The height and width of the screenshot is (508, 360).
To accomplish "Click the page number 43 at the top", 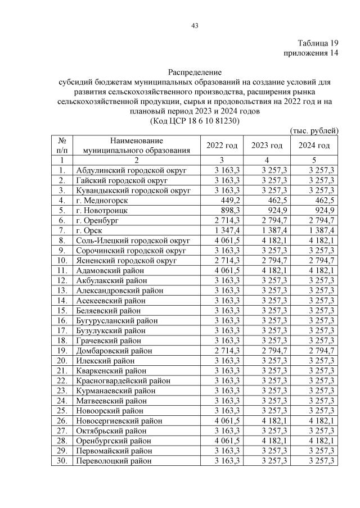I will pos(195,25).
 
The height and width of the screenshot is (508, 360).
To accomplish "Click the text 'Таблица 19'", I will pos(318,43).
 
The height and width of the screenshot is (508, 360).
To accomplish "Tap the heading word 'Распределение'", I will pos(195,72).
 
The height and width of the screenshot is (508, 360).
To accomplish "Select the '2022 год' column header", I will pos(222,146).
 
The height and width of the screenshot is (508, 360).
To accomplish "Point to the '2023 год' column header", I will pos(267,146).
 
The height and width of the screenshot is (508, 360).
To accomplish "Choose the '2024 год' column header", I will pos(314,146).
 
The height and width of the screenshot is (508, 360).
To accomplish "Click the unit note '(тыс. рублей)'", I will pos(314,131).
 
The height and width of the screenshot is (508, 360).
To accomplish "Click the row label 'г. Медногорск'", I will pos(102,199).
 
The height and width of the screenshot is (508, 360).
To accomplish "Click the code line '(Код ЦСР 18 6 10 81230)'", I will pos(195,120).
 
